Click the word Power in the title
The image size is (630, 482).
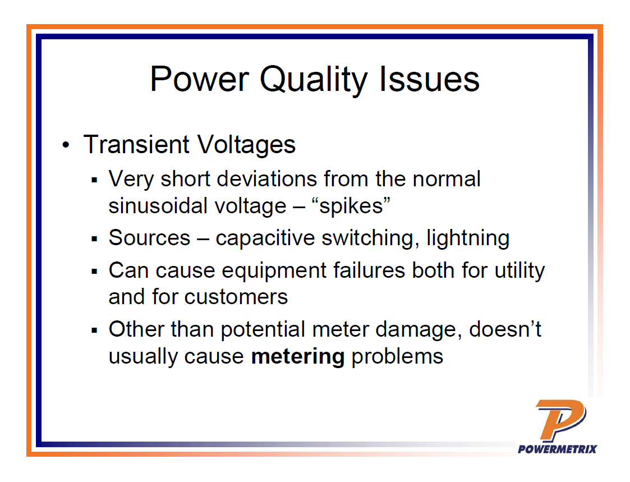click(200, 79)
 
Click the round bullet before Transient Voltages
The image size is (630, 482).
click(67, 146)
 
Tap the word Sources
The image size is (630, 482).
click(149, 238)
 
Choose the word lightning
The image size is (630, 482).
click(468, 238)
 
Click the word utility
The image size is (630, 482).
click(519, 270)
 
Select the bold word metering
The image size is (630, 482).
click(297, 356)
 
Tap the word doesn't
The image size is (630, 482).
click(505, 329)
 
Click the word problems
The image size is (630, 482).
click(397, 356)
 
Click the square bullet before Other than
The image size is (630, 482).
click(95, 330)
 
